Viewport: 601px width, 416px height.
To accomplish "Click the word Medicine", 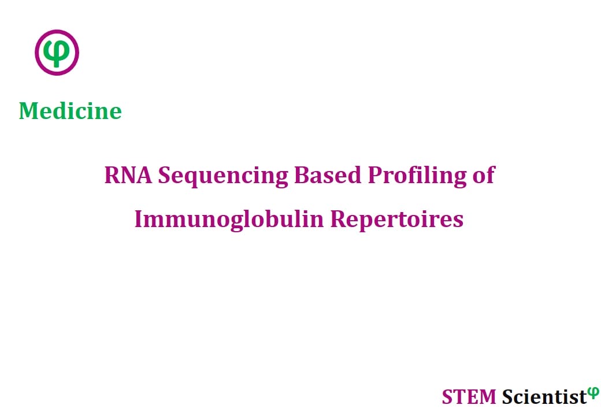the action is tap(70, 111).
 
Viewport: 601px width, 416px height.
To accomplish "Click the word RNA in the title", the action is tap(128, 175).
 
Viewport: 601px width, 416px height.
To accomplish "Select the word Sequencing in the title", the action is tap(222, 177).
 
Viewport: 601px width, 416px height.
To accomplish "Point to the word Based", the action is tap(327, 175).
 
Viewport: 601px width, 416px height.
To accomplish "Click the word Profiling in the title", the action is tap(417, 177).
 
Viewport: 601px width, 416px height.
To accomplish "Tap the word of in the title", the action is tap(484, 175).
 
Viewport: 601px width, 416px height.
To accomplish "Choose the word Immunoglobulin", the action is tap(229, 220).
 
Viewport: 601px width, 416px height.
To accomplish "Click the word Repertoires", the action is tap(396, 220).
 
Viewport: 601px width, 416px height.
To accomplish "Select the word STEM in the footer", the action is tap(469, 397).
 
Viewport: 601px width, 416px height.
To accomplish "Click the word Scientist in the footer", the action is tap(544, 397).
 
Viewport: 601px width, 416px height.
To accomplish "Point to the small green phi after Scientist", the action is tap(593, 393).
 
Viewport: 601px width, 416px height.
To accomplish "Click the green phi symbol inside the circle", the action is tap(57, 53).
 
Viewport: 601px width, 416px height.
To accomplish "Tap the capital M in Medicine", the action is tap(29, 112).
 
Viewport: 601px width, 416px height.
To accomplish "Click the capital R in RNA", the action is tap(111, 176).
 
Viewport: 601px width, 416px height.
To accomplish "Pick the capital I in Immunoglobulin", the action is tap(139, 220).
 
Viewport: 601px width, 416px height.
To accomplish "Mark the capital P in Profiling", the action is tap(375, 176).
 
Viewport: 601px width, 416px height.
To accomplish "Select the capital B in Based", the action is tap(301, 176).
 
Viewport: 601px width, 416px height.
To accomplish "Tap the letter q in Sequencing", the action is tap(194, 179).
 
